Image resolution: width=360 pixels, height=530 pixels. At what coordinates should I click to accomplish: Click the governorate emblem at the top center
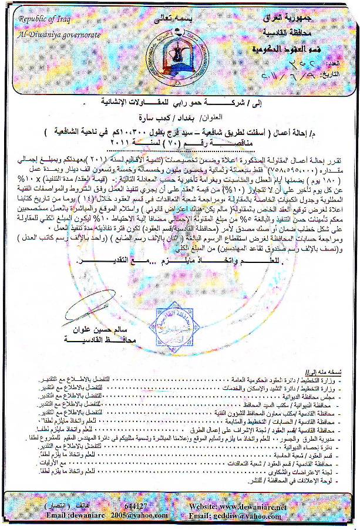pyautogui.click(x=168, y=46)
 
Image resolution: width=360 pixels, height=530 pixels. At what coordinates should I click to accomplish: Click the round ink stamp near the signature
pyautogui.click(x=156, y=326)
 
